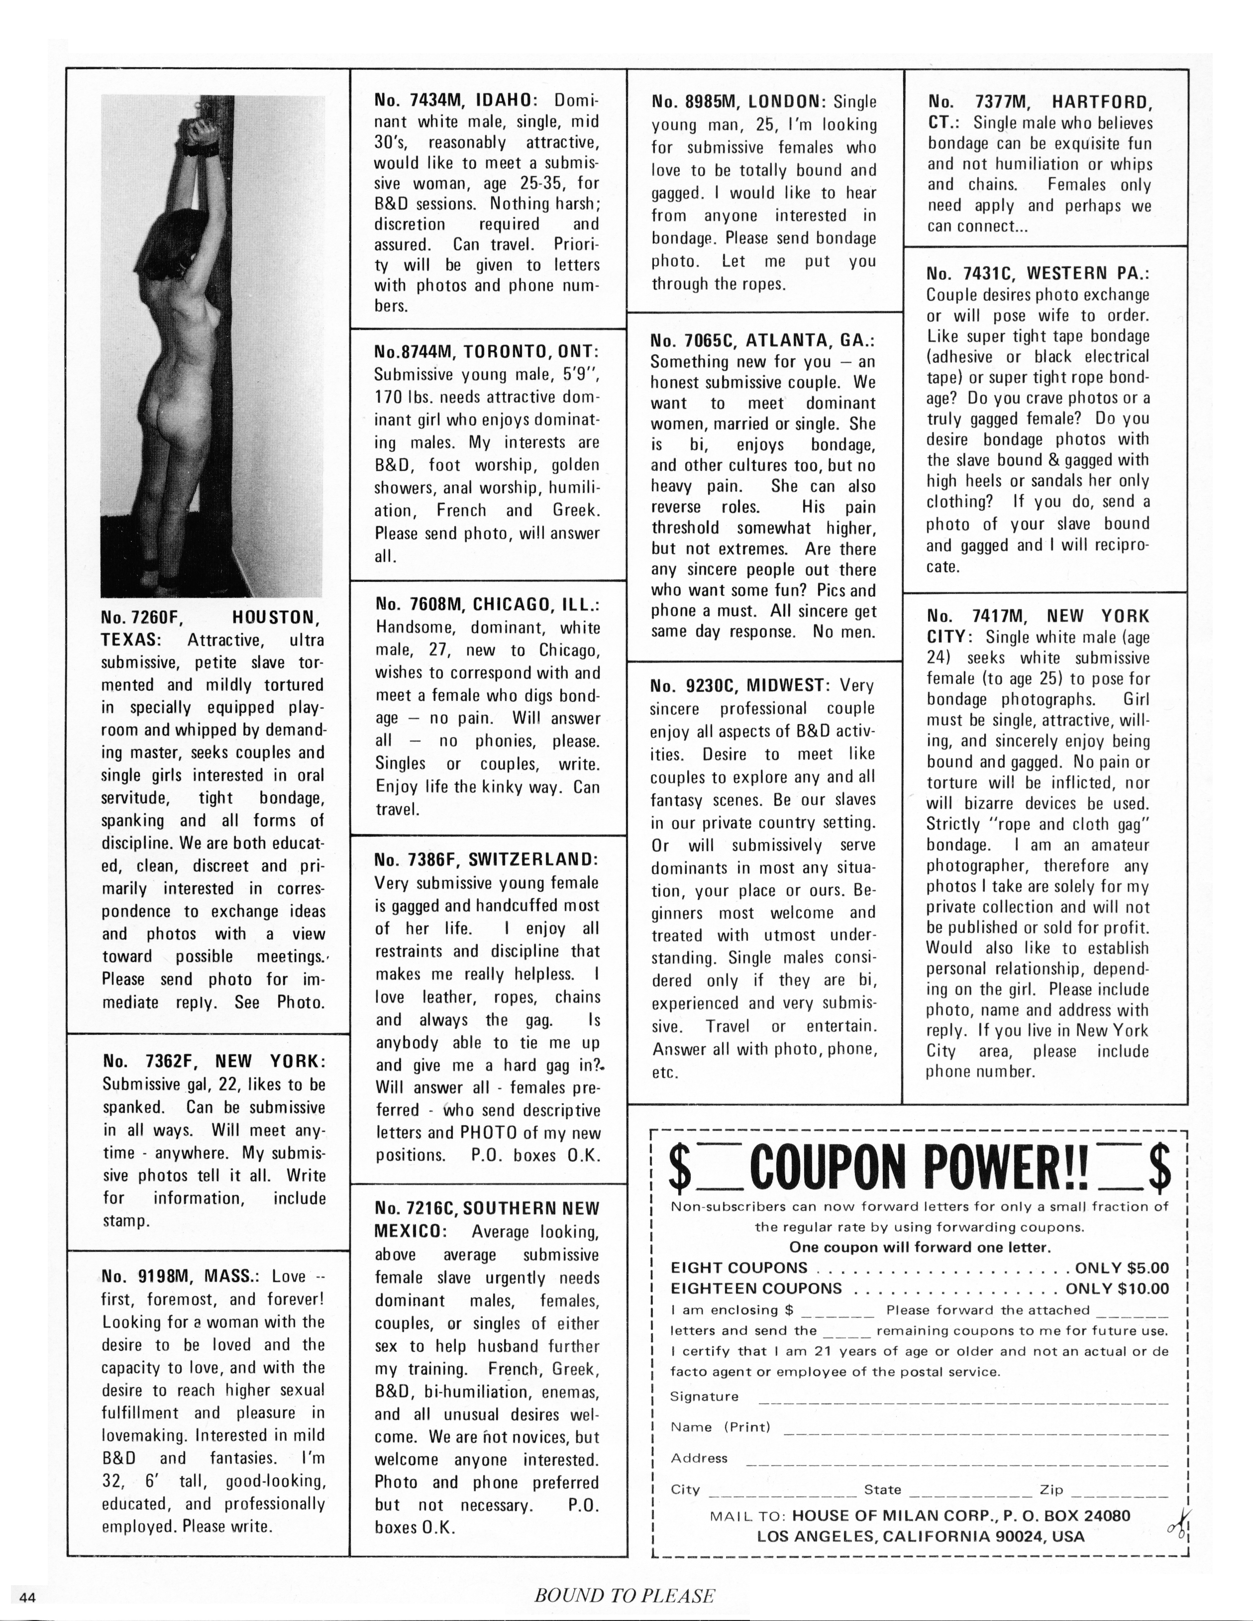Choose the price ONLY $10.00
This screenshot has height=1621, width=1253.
coord(1117,1289)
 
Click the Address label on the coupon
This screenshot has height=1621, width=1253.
coord(699,1458)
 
